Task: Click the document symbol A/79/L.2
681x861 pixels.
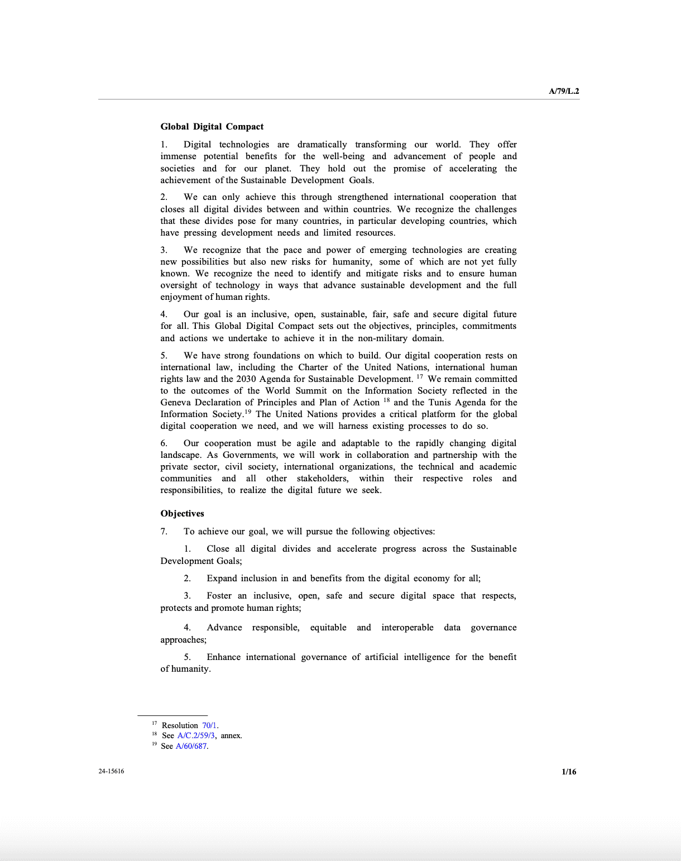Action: click(564, 91)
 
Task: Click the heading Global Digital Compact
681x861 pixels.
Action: click(212, 127)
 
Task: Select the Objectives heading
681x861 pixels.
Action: click(182, 514)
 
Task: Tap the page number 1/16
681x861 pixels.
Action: click(569, 772)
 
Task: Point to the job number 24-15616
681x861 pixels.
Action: click(111, 771)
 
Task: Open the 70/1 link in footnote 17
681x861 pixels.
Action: click(209, 725)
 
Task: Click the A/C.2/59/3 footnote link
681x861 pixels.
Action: click(196, 735)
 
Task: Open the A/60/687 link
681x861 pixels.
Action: click(191, 746)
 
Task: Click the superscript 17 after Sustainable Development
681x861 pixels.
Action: click(420, 377)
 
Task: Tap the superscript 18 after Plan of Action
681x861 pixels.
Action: click(386, 400)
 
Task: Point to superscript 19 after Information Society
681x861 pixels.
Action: click(248, 412)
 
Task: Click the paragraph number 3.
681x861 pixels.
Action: click(164, 250)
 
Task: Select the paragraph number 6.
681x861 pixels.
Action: click(164, 443)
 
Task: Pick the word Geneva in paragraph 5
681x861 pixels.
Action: click(175, 403)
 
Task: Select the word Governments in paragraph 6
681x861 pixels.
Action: click(250, 455)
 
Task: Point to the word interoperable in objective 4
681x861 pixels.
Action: click(407, 628)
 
